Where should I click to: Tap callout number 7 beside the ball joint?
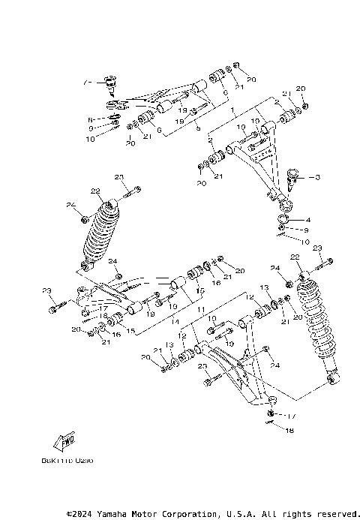point(86,81)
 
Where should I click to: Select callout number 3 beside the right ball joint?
point(316,177)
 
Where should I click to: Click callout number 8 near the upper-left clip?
point(89,119)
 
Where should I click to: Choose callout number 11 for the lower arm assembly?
point(200,308)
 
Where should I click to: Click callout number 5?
point(198,128)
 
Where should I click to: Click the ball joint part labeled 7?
point(112,82)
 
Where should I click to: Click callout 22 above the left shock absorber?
point(95,191)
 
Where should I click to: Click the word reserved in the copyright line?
point(335,514)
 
